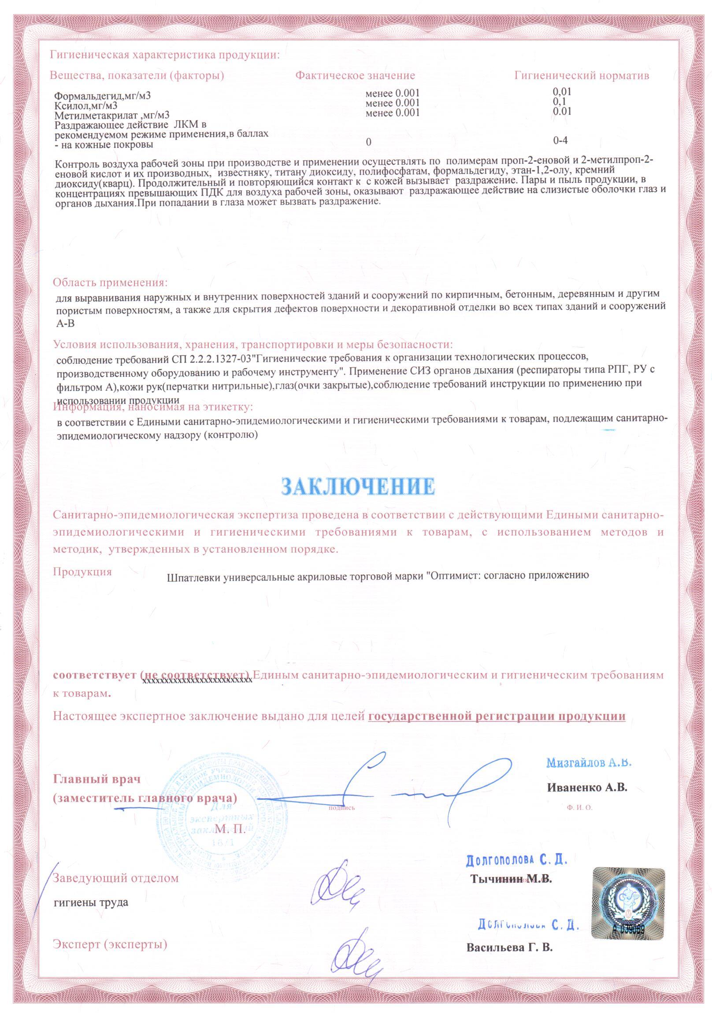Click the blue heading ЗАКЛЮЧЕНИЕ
[358, 486]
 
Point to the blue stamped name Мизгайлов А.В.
[589, 762]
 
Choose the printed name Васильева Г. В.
[509, 947]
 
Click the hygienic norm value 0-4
[560, 140]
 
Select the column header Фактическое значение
[355, 75]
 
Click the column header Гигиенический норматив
[581, 75]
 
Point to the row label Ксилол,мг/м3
[86, 106]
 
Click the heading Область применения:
[110, 282]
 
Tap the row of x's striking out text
[197, 680]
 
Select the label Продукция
[82, 572]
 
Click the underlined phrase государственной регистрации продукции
[497, 716]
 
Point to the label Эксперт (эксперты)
[110, 944]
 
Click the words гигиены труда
[91, 902]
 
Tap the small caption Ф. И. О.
[579, 807]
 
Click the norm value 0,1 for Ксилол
[559, 101]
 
